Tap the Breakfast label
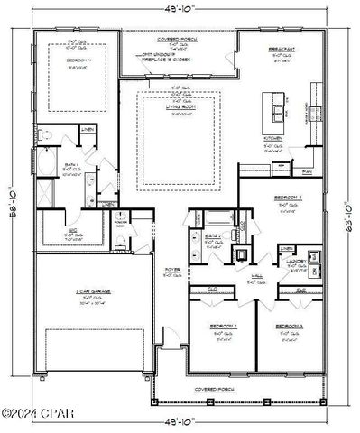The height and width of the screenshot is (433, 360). click(277, 51)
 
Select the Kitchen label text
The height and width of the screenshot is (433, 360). click(273, 138)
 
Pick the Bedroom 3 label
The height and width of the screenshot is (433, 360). click(288, 325)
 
